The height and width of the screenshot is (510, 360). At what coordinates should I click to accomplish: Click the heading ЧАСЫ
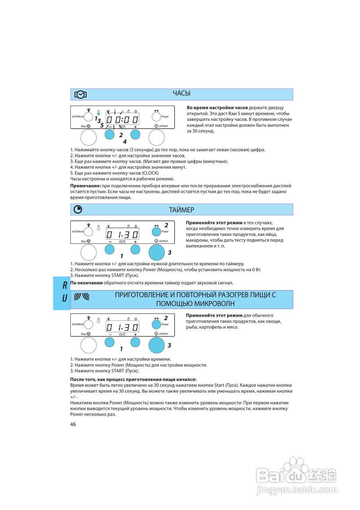181,93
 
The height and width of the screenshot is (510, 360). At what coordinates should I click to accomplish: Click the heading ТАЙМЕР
181,210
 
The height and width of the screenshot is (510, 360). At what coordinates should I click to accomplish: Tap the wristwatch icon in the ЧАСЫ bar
80,94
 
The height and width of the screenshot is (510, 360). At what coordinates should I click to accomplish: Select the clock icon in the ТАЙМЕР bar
78,210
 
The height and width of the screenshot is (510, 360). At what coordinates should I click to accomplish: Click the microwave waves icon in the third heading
82,296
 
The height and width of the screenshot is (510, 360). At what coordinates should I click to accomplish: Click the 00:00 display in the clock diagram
122,119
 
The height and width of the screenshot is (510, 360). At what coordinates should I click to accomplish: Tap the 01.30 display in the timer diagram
122,235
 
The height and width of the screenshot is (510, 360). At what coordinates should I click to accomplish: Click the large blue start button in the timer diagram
157,253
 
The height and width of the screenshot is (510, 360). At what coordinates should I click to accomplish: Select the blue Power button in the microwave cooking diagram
157,324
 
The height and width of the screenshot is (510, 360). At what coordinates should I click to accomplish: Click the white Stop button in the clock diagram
88,137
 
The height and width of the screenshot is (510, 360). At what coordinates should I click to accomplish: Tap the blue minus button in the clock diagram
110,134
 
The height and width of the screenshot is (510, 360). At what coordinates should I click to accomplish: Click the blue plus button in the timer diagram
135,249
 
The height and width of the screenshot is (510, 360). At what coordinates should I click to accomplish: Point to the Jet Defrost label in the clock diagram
78,116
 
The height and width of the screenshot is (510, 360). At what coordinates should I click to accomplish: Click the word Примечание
85,186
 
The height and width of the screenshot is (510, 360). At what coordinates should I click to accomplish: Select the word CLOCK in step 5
150,173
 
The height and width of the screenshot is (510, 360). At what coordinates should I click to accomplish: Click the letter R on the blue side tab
65,285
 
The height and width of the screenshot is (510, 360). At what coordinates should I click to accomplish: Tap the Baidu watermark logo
296,478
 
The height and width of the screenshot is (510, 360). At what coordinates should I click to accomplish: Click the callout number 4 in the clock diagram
125,142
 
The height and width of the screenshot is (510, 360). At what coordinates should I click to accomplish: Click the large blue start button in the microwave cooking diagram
157,345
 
